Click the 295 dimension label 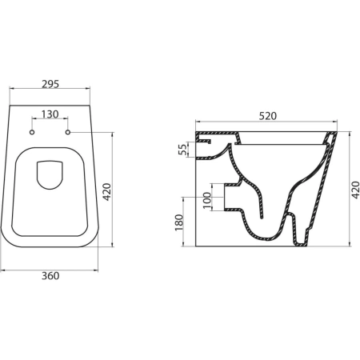coord(50,84)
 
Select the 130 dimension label coord(50,114)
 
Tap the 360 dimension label coord(50,276)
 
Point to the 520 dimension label coord(268,116)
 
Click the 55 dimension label coord(182,150)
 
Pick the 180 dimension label coord(179,222)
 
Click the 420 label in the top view coord(107,192)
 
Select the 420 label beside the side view coord(355,190)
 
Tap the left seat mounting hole coord(32,132)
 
